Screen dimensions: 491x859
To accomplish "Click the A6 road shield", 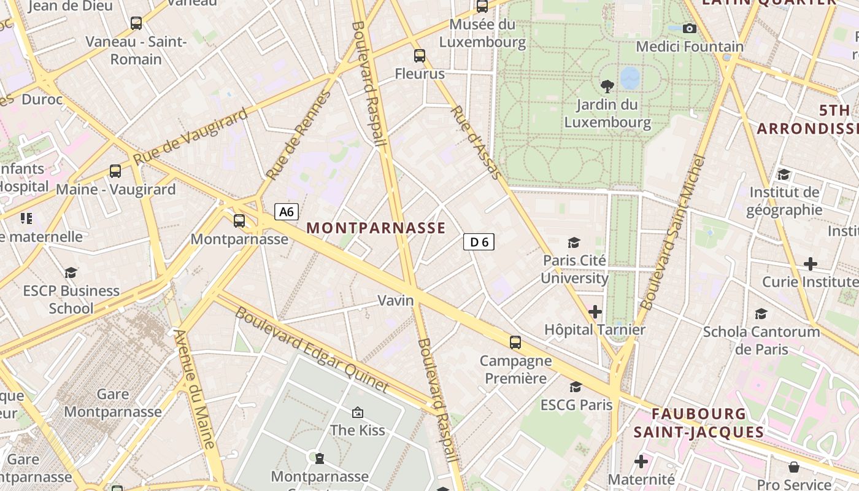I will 287,212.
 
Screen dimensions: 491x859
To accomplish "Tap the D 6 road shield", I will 479,242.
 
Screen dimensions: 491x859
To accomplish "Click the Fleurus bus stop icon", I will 420,56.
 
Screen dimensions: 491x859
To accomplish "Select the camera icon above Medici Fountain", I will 690,28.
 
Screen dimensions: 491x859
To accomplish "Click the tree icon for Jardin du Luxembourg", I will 607,86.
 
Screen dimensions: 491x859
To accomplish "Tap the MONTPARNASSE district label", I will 376,228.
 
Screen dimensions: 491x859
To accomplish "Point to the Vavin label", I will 396,301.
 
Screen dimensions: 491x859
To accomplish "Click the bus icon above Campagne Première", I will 515,342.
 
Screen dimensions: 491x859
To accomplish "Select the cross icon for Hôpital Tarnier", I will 595,312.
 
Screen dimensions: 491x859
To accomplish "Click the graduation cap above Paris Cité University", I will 574,242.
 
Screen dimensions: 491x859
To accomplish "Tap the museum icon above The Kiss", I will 358,412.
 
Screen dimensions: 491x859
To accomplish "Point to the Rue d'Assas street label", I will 476,143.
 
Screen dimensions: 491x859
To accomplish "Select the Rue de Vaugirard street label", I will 191,136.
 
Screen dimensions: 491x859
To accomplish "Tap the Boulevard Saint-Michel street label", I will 672,233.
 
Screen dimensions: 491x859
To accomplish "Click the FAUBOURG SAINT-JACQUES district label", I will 699,423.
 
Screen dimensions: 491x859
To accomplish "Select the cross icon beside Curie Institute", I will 811,264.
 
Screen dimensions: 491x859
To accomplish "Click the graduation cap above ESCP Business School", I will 71,273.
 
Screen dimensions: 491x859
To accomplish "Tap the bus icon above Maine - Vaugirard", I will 115,171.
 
